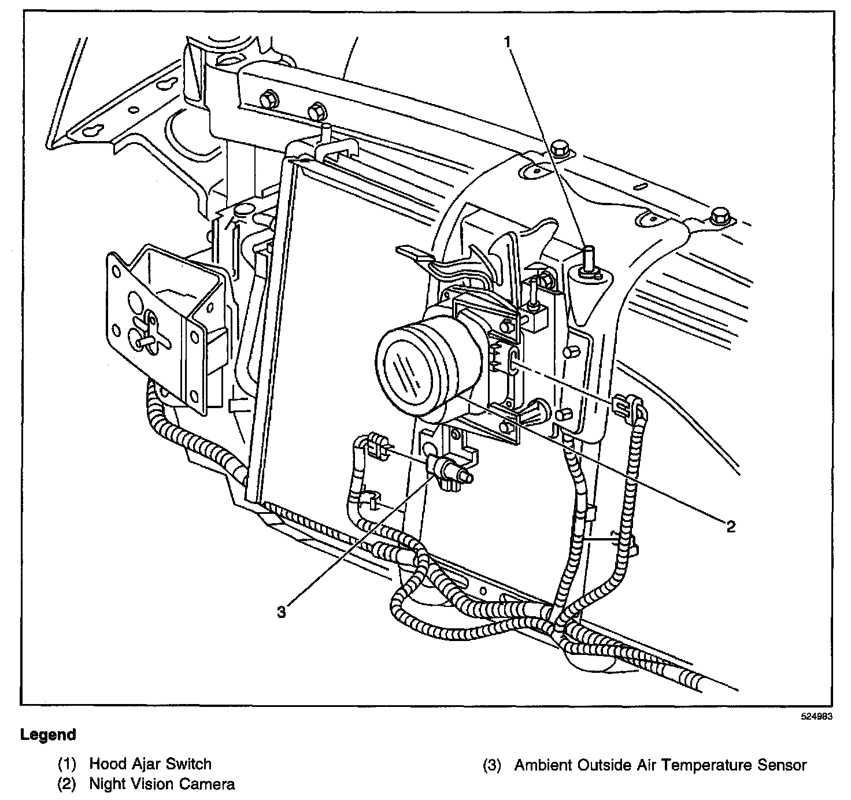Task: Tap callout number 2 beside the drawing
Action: [x=731, y=526]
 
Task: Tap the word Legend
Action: [x=48, y=735]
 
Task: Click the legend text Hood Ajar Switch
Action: [x=150, y=764]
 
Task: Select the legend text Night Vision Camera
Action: [x=162, y=784]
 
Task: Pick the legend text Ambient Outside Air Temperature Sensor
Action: [x=660, y=765]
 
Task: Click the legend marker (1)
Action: [x=67, y=764]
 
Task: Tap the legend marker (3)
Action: [x=493, y=765]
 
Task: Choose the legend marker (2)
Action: [x=67, y=784]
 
